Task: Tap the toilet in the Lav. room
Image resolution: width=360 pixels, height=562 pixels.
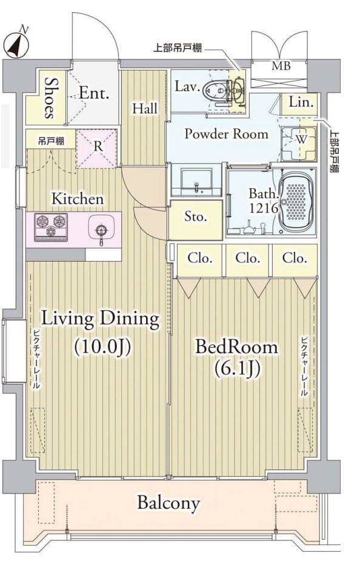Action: click(x=222, y=90)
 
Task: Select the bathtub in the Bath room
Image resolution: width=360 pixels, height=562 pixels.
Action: click(x=297, y=201)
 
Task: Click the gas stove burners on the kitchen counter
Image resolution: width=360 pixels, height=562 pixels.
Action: click(x=50, y=226)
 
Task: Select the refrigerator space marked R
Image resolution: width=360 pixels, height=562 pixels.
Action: click(x=98, y=147)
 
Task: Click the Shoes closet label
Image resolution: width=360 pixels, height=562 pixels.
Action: click(x=50, y=98)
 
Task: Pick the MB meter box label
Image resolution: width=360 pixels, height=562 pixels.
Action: click(x=281, y=66)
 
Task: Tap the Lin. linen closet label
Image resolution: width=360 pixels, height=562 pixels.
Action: click(x=301, y=102)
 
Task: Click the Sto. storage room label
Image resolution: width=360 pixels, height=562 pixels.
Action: click(x=195, y=216)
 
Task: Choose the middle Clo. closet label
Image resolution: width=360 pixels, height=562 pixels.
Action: click(x=247, y=258)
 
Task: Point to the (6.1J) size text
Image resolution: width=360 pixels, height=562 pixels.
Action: click(x=236, y=369)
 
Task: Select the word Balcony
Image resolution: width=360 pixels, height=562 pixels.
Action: click(x=168, y=503)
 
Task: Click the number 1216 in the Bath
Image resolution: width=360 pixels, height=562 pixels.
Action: click(x=264, y=208)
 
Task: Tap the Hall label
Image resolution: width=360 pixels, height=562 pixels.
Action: click(x=145, y=108)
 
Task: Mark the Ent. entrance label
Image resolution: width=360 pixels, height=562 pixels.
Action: click(x=94, y=93)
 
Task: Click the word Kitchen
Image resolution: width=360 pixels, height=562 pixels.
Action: click(x=78, y=199)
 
